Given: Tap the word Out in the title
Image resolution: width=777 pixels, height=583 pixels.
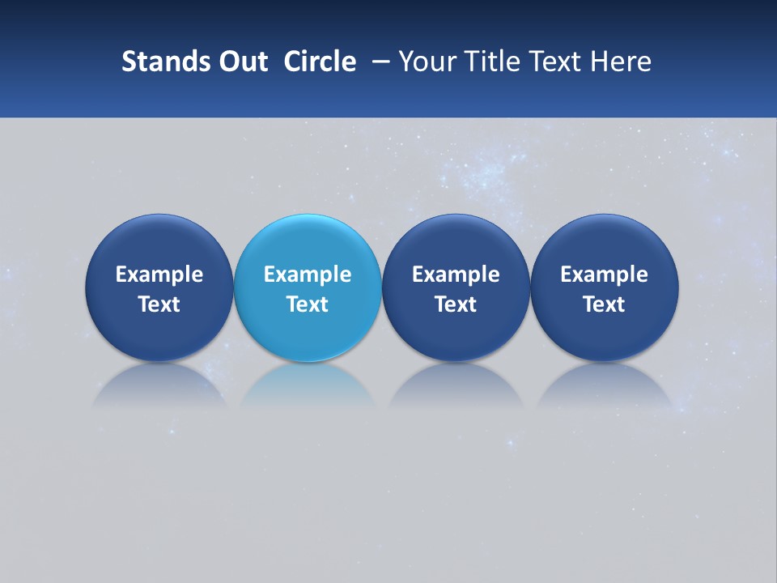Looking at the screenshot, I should [240, 62].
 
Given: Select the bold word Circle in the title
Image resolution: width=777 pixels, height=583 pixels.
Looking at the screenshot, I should [320, 62].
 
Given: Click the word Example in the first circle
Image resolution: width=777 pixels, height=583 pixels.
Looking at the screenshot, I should [159, 274].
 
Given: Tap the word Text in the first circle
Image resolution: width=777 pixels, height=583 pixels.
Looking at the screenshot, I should [159, 304].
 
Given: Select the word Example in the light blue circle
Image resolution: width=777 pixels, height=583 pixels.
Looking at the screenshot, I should [308, 274].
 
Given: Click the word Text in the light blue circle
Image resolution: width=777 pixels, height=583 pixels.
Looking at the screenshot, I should [308, 304].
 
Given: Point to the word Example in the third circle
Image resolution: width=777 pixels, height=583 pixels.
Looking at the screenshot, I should [456, 274].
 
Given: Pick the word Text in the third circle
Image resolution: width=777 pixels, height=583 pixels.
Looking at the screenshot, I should [456, 304].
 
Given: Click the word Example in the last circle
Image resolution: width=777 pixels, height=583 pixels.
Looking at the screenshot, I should [605, 274].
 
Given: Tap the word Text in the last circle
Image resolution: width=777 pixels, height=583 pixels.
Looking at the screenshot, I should [605, 304].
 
